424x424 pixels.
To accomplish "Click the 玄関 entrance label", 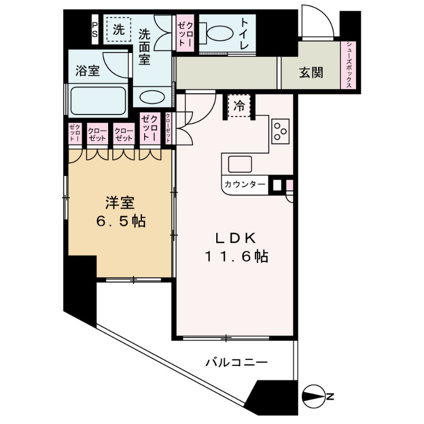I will [311, 73].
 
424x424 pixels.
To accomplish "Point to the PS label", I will [95, 29].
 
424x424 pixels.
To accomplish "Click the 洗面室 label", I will [145, 46].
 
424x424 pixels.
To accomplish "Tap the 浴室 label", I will [87, 72].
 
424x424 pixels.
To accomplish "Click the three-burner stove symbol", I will [280, 131].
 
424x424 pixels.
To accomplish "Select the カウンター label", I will [245, 184].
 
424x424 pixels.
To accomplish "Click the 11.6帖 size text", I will [236, 257].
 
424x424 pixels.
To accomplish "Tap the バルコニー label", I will [236, 363].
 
